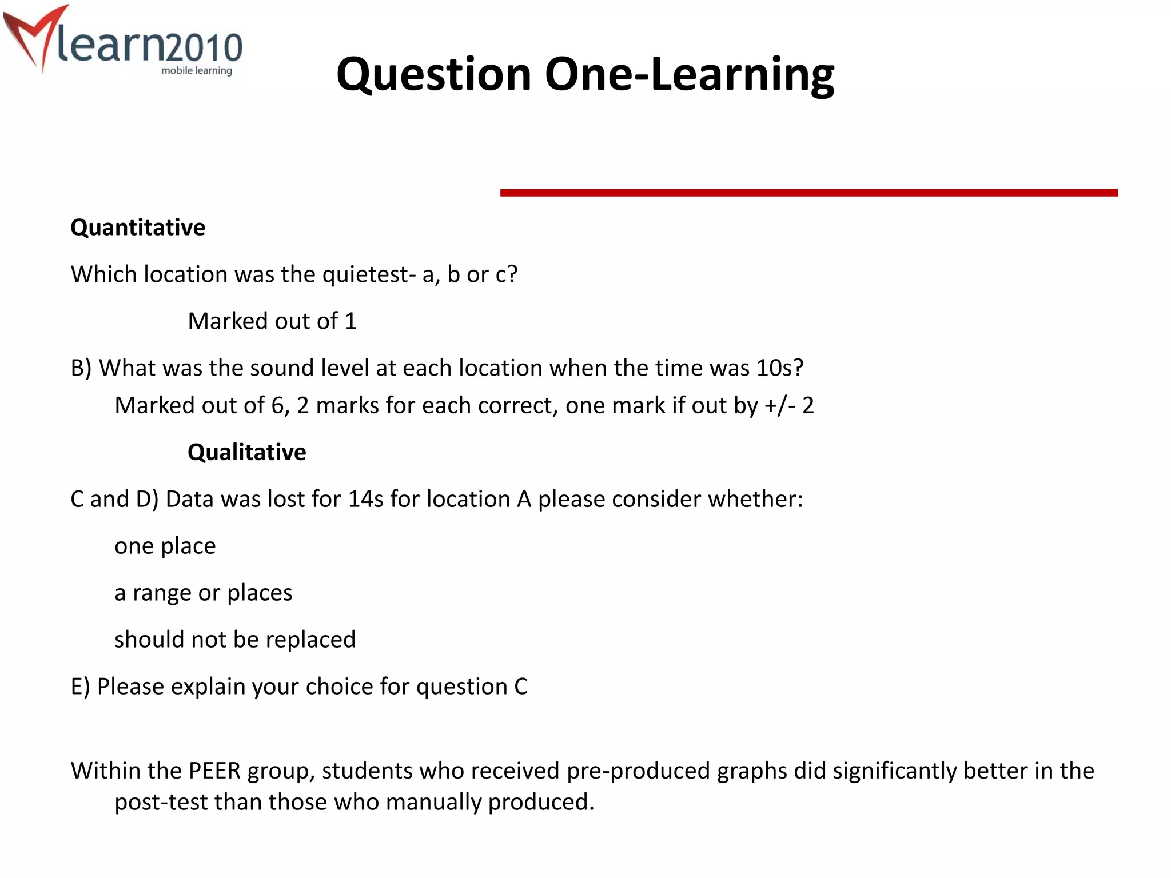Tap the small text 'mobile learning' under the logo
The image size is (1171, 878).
click(196, 71)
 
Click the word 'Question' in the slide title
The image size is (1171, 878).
click(434, 75)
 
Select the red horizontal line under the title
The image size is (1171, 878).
click(808, 193)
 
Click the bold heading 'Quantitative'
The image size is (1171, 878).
click(138, 228)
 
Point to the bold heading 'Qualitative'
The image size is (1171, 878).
click(246, 452)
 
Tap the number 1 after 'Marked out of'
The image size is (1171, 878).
click(350, 321)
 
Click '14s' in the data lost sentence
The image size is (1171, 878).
click(365, 500)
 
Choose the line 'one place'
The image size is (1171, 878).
click(165, 546)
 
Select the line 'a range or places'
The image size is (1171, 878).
click(203, 593)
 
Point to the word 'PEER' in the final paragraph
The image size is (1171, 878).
click(214, 771)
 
